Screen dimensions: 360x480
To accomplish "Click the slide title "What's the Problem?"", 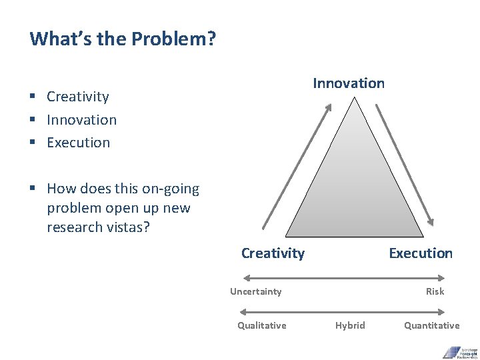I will pos(123,39).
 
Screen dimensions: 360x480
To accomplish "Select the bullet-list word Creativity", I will pos(77,97).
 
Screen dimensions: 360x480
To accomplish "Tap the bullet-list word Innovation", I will pos(81,120).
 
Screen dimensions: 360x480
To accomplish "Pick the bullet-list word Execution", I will pos(78,143).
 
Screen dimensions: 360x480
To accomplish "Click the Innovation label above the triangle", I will pos(349,83).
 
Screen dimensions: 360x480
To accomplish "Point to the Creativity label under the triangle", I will pos(273,253).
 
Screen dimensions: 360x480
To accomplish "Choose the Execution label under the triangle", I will pos(420,253).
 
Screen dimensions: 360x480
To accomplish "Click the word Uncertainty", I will pos(255,291).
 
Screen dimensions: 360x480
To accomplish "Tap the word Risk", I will pos(435,291).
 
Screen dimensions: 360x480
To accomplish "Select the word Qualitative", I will pos(261,325).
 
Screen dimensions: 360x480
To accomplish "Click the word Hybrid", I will pos(350,325).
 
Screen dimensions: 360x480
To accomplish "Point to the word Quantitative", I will pos(431,325).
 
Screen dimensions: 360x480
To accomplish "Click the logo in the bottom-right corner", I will pos(460,351).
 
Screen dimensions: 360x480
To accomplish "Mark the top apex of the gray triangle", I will pos(355,98).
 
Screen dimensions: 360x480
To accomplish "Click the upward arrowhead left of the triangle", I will pos(328,107).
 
